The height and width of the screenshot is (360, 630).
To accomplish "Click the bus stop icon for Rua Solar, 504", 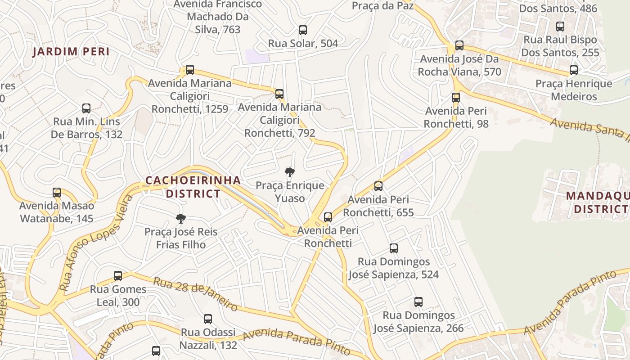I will click(303, 30).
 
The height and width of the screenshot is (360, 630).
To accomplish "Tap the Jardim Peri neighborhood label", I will click(71, 52).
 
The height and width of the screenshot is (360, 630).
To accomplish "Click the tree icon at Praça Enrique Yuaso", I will click(290, 172).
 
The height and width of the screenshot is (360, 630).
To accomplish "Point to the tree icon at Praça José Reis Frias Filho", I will click(181, 219).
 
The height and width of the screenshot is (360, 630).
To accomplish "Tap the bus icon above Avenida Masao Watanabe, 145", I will click(57, 193).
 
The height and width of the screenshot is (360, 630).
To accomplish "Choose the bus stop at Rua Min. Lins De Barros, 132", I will click(86, 108).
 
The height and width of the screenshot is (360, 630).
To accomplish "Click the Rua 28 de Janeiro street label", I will click(195, 294).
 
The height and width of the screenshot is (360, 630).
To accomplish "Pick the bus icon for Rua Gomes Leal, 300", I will click(118, 276).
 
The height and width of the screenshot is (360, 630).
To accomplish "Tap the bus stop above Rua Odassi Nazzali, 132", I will click(208, 319).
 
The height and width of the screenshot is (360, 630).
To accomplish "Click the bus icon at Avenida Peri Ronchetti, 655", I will click(378, 186).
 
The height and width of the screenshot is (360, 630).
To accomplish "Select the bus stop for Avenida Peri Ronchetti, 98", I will click(456, 98).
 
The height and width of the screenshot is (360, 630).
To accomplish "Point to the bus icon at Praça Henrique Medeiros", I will click(574, 70).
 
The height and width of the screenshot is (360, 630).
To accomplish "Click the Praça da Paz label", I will click(382, 6).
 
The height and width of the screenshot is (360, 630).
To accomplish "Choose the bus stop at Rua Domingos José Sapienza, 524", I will click(394, 248).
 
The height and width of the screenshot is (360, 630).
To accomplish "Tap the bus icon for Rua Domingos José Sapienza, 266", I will click(418, 302).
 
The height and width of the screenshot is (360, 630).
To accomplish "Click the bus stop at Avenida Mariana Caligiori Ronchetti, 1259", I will click(190, 70).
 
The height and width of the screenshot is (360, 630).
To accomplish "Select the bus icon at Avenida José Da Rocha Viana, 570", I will click(459, 45).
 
